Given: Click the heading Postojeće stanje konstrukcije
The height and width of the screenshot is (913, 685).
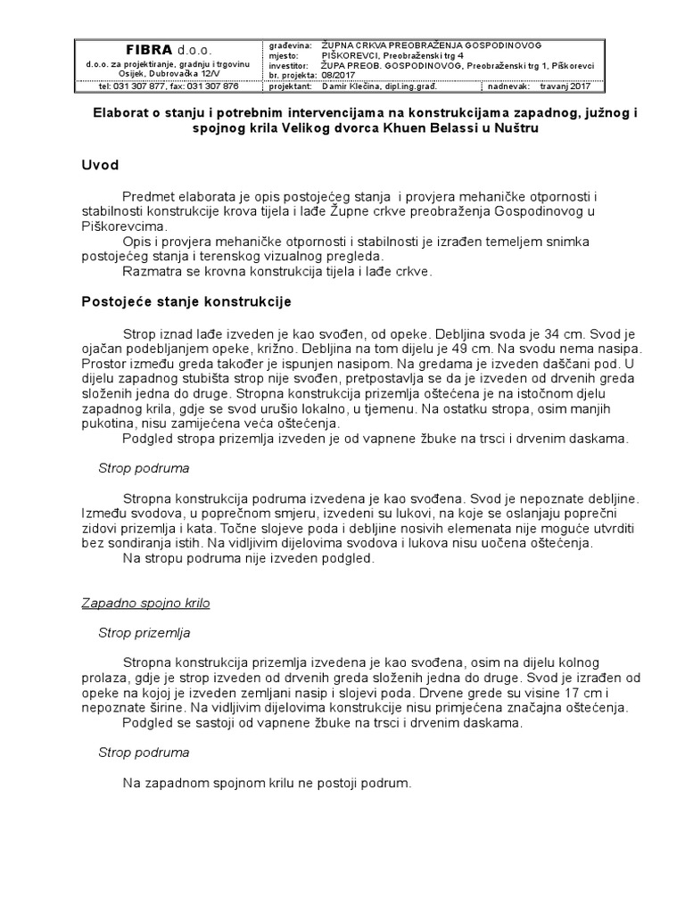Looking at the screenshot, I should (187, 301).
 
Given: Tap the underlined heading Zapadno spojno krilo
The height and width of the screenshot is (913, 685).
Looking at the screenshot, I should (153, 604).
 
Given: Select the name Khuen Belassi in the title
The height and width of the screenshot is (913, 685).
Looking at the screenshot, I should (423, 128).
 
